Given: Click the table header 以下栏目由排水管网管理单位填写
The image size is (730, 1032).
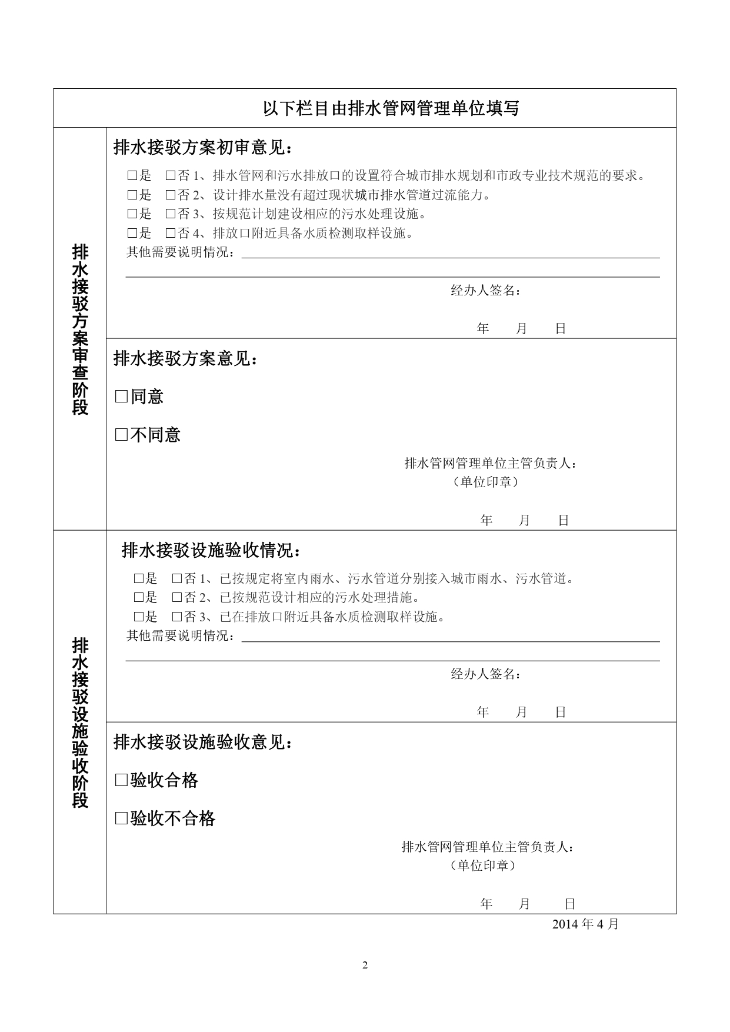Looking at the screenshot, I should [391, 109].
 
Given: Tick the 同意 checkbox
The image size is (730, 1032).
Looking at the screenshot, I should [121, 397].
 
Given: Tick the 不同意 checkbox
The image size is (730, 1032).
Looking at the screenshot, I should [121, 435].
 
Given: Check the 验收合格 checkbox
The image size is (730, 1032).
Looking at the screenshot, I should [121, 780].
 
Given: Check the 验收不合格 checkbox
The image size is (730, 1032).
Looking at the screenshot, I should [121, 818].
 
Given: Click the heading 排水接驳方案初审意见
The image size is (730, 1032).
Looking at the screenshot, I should [202, 148].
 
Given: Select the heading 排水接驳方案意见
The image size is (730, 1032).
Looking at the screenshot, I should [185, 358].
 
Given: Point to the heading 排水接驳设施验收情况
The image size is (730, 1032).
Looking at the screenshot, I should [211, 551].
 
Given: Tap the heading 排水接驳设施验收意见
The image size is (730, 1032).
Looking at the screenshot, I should [202, 743].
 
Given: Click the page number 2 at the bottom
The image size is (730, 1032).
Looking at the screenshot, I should [365, 965].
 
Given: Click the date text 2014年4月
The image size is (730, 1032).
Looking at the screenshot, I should [585, 924].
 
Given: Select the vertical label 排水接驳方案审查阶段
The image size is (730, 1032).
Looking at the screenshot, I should [80, 329].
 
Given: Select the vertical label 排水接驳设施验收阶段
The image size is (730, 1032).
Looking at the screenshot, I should [80, 723].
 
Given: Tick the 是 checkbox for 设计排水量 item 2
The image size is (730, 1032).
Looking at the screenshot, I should [132, 195].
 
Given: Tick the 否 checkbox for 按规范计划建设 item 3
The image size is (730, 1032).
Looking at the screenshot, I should [170, 214].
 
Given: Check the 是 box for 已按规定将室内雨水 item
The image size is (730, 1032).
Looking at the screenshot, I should [139, 578].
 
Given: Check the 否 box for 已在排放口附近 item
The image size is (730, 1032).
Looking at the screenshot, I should [176, 617].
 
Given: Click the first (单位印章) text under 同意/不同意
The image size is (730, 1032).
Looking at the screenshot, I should [486, 482].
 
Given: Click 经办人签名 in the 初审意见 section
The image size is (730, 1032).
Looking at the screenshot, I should [485, 290].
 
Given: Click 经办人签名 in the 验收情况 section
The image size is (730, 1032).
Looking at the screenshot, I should [485, 674].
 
